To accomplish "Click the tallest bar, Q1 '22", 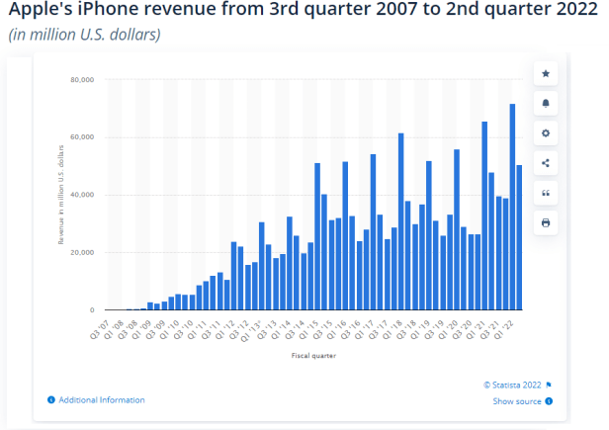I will click(512, 208).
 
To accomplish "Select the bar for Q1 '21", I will click(484, 216).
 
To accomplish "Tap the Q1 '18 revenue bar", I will click(400, 221).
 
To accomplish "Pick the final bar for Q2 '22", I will click(519, 237).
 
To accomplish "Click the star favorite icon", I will click(545, 73).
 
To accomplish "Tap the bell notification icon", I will click(545, 103).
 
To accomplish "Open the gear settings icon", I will click(545, 132).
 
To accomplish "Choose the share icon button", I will click(545, 163).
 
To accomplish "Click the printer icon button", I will click(545, 223).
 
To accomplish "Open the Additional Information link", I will click(102, 399).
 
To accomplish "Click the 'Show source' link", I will click(517, 401).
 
